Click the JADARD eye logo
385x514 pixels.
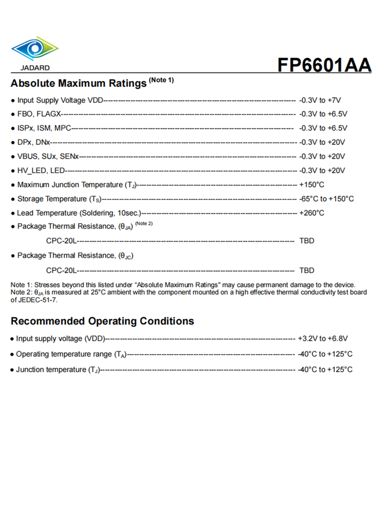(x=34, y=49)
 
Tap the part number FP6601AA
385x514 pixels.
(x=324, y=65)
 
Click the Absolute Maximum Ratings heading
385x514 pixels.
(x=79, y=83)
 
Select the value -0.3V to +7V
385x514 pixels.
(x=320, y=100)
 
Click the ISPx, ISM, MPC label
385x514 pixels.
(x=44, y=128)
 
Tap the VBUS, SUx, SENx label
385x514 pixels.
(x=48, y=156)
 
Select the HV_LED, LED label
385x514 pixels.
(x=41, y=171)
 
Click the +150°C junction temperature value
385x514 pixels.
(x=312, y=185)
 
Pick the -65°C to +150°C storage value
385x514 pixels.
(x=326, y=199)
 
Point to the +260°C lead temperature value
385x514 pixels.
(x=312, y=213)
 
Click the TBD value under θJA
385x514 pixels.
(x=306, y=241)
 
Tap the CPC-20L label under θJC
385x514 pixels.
(x=61, y=270)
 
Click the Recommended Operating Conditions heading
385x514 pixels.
(x=102, y=321)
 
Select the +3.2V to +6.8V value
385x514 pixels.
(x=323, y=339)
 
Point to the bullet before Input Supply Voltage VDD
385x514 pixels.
(x=13, y=101)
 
